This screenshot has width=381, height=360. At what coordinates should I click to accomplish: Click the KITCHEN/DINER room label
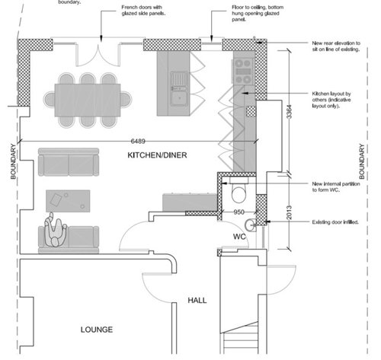(157, 155)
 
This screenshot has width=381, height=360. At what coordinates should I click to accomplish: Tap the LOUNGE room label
(97, 330)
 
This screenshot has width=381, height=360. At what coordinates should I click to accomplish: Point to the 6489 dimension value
(138, 141)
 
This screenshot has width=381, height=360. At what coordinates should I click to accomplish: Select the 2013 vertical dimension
(299, 211)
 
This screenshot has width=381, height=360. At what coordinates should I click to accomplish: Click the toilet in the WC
(239, 191)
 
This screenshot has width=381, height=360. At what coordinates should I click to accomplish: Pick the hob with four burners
(243, 70)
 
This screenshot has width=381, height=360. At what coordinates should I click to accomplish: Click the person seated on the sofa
(55, 232)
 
